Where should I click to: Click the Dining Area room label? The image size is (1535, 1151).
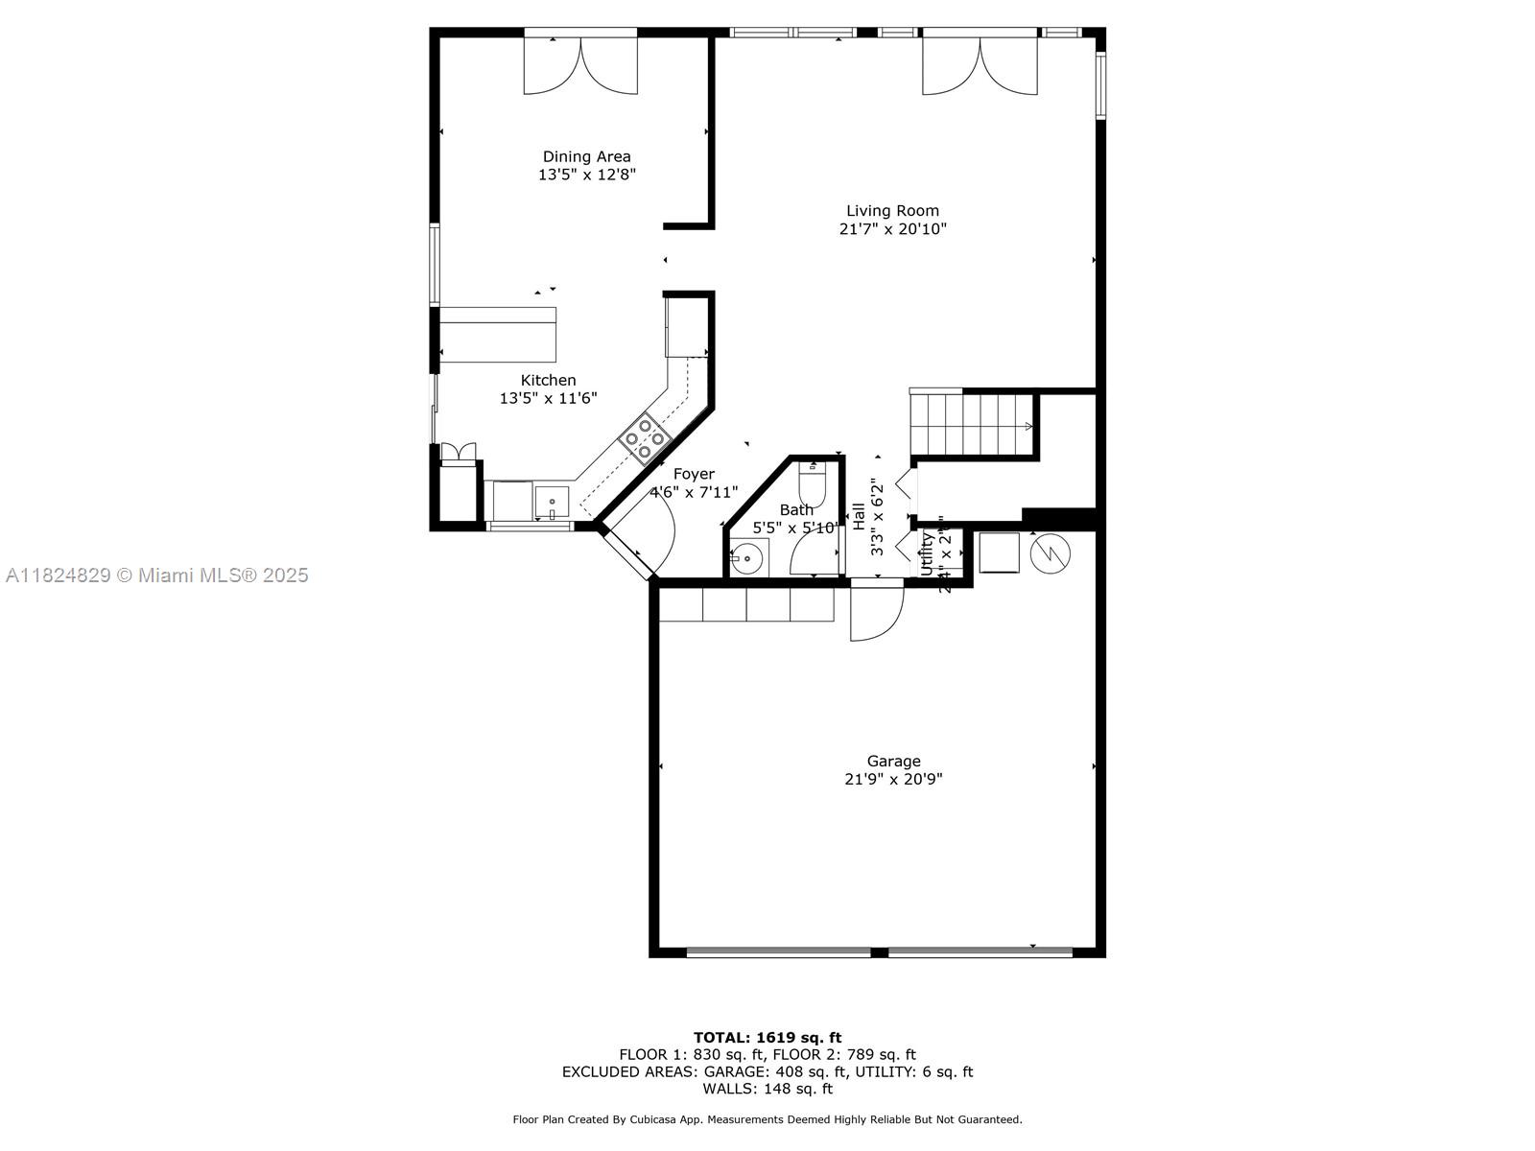pos(586,156)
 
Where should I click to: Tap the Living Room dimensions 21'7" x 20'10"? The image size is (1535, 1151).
pos(892,229)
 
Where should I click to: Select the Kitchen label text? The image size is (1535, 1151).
pos(548,380)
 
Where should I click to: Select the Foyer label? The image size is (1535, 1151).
pos(694,474)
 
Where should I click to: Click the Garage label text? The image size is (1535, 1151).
pos(893,761)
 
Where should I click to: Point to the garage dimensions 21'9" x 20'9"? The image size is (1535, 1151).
pos(893,780)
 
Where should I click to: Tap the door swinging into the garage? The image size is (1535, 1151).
pos(875,612)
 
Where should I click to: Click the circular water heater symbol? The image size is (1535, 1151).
pos(1050,552)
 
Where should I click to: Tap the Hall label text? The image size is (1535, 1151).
pos(858,516)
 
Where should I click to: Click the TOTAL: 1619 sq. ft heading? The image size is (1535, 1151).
pos(767,1037)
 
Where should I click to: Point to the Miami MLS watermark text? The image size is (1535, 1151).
pos(156,575)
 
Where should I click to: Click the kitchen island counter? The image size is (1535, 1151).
pos(498,335)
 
